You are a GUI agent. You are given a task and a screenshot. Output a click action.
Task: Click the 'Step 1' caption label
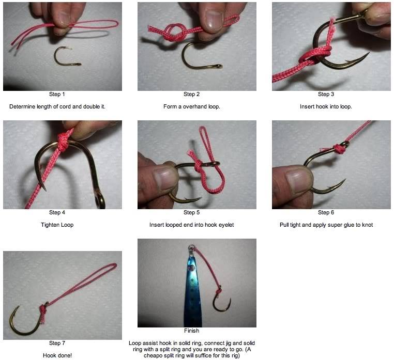point(57,94)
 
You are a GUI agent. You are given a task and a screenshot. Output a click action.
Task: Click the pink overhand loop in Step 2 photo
point(176,32)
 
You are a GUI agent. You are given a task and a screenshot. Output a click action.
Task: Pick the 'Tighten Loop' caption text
point(57,225)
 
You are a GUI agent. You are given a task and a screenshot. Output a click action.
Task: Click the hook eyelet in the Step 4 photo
point(101,199)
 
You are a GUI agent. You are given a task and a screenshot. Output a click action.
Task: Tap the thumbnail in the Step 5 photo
point(164,180)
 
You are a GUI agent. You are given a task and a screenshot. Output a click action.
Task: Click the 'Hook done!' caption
point(57,355)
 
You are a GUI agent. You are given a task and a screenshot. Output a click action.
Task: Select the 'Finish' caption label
point(191,331)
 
